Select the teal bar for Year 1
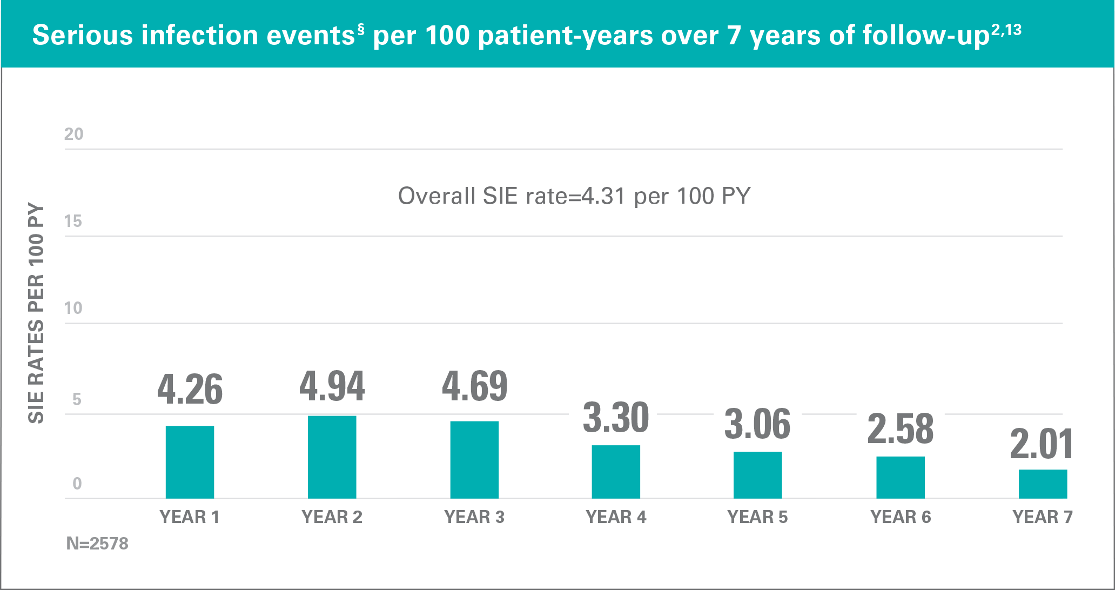point(190,462)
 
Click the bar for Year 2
point(332,457)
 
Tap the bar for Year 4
point(616,472)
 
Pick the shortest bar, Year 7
point(1043,484)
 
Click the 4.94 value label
point(332,387)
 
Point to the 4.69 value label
point(474,387)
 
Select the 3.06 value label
point(757,424)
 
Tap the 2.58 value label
point(900,429)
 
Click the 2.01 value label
point(1042,444)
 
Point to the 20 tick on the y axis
point(74,134)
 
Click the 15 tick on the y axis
point(73,221)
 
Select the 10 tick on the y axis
point(73,308)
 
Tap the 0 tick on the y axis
point(77,483)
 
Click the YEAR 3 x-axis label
point(474,517)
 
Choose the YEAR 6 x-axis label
point(901,517)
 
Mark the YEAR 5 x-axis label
point(757,517)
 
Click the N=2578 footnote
point(97,543)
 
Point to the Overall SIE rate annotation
point(574,196)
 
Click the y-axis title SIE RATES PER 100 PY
point(36,313)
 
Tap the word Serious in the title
point(83,36)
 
